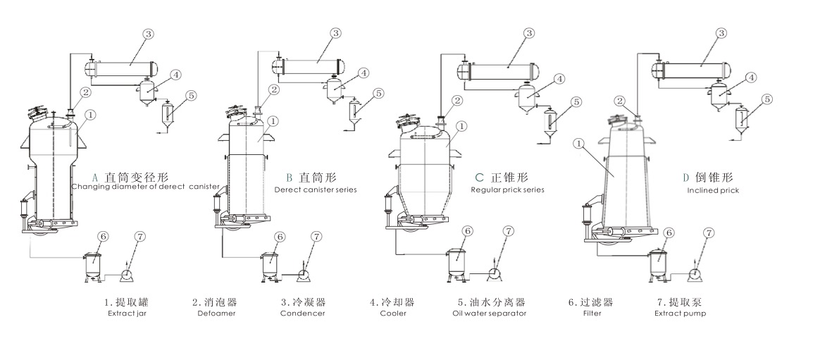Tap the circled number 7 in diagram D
709,232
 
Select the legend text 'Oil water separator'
490,314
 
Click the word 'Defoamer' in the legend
216,314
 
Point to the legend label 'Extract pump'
680,314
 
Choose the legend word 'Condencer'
303,314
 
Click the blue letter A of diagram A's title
94,177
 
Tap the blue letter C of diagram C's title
479,177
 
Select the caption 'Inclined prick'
713,190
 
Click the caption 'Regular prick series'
507,190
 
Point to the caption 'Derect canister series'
316,190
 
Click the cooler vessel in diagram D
719,94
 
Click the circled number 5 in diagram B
378,93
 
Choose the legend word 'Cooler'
392,314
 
